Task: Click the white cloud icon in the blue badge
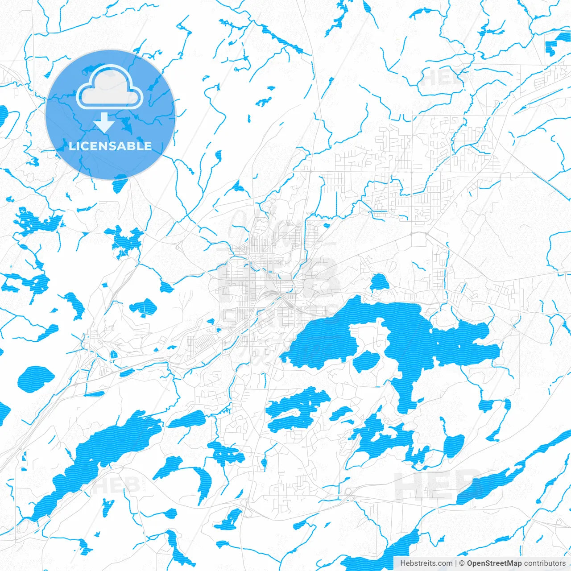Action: pyautogui.click(x=110, y=87)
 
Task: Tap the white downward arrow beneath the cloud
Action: pyautogui.click(x=104, y=122)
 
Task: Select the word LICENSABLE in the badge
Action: pyautogui.click(x=110, y=146)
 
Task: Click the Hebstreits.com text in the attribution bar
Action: pyautogui.click(x=426, y=563)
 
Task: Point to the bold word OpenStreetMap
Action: pyautogui.click(x=494, y=563)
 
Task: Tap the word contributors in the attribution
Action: pyautogui.click(x=545, y=563)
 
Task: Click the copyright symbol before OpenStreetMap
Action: pyautogui.click(x=462, y=563)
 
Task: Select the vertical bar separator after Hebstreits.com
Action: pyautogui.click(x=456, y=563)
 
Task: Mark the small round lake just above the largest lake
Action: pyautogui.click(x=379, y=282)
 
